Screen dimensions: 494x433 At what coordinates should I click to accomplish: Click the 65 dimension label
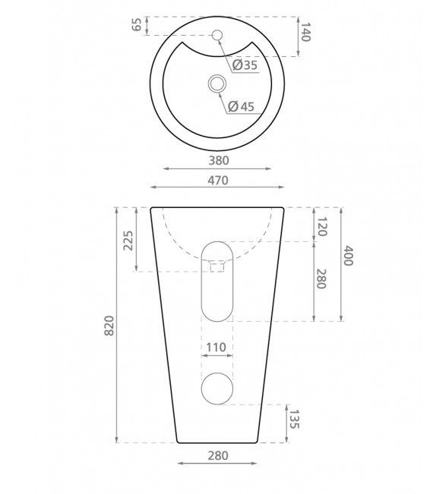(137, 25)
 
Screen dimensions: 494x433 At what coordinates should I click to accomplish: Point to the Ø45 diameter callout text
(240, 106)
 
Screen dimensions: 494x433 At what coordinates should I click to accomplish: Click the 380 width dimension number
(218, 160)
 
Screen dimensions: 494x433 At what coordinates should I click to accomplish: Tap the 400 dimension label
(348, 256)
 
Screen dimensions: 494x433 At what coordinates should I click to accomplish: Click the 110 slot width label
(216, 348)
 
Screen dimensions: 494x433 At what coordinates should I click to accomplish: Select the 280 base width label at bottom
(217, 455)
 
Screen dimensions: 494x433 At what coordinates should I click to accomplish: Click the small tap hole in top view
(216, 34)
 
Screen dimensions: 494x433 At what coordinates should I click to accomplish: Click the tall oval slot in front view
(217, 281)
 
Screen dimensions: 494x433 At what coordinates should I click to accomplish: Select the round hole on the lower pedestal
(217, 389)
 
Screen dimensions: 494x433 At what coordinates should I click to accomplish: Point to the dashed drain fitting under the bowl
(217, 266)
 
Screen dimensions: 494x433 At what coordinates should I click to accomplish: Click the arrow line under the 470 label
(217, 187)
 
